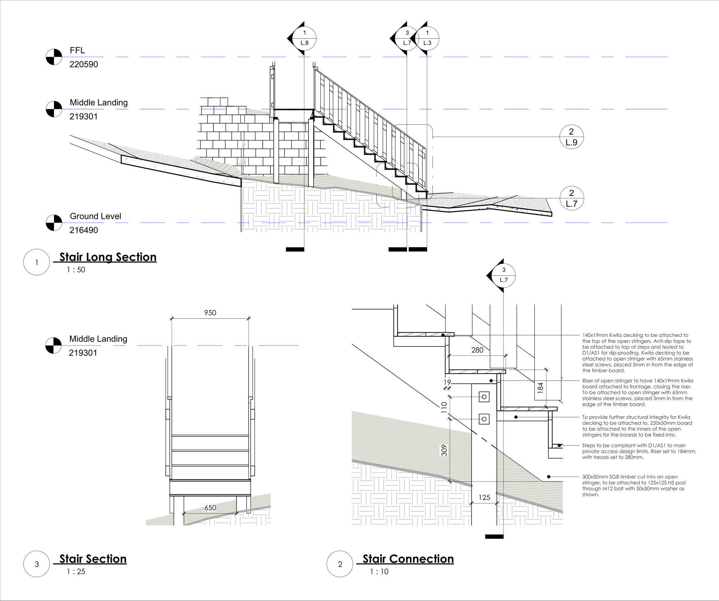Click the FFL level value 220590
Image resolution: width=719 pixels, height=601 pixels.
84,64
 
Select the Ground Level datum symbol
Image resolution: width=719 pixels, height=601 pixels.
54,223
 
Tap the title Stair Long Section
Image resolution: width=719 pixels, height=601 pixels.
108,257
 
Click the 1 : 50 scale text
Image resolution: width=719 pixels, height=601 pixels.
76,270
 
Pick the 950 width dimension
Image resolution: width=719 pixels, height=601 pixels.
210,313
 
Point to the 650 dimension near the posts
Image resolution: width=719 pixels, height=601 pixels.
210,508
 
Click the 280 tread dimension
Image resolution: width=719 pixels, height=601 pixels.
477,350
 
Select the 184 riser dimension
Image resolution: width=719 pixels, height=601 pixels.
540,387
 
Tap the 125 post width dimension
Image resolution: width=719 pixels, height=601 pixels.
484,498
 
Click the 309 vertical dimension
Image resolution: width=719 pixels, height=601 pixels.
444,450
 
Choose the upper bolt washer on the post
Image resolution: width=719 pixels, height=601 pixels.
484,397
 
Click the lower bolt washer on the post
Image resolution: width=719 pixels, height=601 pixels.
484,419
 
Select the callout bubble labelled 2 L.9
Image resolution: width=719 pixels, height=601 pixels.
572,137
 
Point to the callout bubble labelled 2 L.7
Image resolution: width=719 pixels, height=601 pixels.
572,198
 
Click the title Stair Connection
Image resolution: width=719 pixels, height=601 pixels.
408,559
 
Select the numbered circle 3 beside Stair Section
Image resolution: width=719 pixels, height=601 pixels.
37,564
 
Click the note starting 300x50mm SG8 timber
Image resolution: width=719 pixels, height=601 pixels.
634,486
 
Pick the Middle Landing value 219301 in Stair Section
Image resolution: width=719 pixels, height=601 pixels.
83,353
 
